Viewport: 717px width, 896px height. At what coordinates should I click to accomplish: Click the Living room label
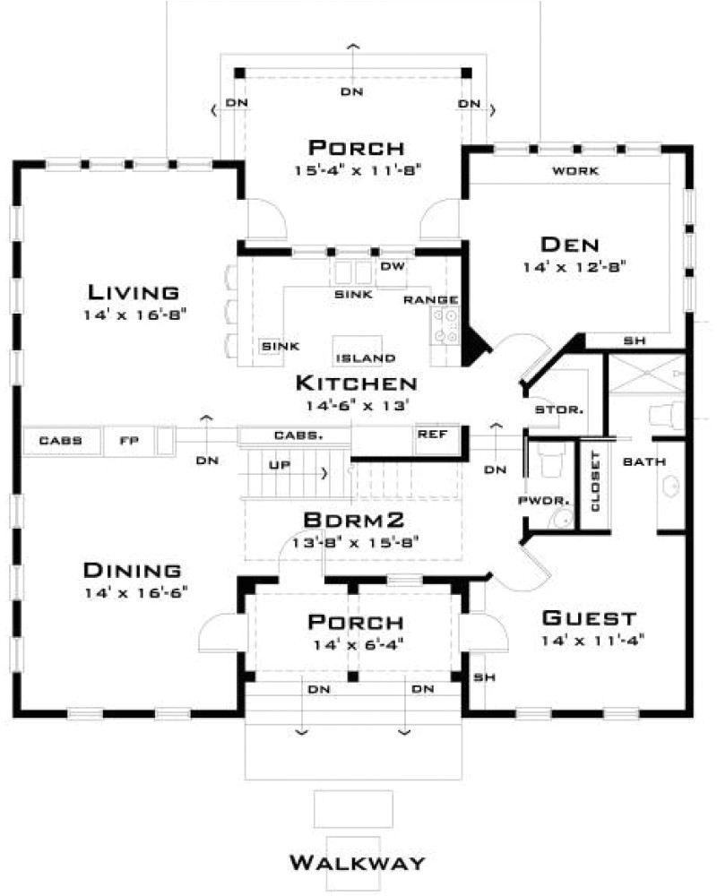[x=134, y=293]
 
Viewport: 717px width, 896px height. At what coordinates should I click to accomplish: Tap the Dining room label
[x=133, y=570]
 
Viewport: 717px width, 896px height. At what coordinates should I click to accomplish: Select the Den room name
[x=570, y=245]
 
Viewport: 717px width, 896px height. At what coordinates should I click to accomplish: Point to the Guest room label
[x=589, y=617]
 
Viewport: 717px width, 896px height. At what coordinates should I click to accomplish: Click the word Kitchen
[x=356, y=383]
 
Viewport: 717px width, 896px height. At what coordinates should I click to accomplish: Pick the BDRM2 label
[x=354, y=520]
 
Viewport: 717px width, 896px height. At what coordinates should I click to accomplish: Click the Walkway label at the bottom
[x=358, y=862]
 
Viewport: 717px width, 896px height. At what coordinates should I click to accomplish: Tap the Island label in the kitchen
[x=366, y=358]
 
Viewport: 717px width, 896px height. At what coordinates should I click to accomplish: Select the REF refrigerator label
[x=432, y=435]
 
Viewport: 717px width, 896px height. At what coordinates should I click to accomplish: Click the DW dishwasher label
[x=393, y=266]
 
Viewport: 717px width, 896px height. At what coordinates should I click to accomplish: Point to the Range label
[x=430, y=300]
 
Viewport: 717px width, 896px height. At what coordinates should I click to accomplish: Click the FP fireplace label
[x=129, y=441]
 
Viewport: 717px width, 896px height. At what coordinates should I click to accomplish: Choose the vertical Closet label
[x=595, y=482]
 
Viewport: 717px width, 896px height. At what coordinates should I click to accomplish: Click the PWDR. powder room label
[x=544, y=501]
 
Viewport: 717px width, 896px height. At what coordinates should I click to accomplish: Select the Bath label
[x=644, y=461]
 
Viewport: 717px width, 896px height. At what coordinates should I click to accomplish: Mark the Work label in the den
[x=575, y=170]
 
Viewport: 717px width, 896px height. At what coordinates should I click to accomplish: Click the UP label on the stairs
[x=280, y=465]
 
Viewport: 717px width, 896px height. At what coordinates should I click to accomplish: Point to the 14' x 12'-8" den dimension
[x=575, y=267]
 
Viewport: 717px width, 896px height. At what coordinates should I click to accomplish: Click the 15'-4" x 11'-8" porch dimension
[x=358, y=170]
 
